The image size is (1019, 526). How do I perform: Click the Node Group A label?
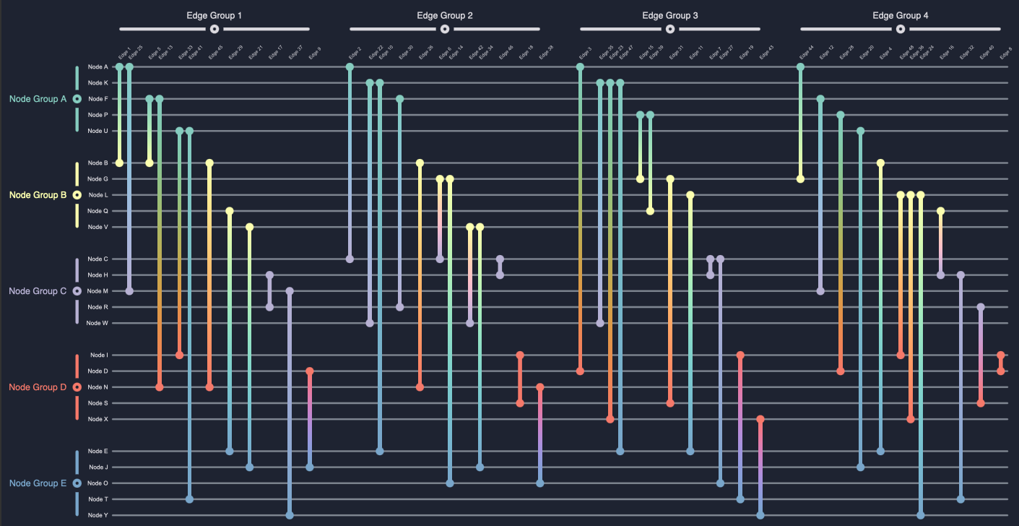coord(38,99)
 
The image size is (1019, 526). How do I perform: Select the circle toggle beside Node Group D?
coord(77,387)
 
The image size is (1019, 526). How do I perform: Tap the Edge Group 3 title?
coord(669,15)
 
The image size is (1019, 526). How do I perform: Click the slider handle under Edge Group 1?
coord(214,29)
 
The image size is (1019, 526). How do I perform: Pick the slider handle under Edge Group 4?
coord(900,29)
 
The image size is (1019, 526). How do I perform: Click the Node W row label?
coord(97,323)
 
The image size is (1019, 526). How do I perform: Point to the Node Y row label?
coord(97,515)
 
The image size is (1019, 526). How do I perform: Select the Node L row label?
coord(97,195)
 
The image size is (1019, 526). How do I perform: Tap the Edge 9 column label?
coord(315,53)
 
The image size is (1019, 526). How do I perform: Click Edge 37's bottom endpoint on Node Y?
coord(290,515)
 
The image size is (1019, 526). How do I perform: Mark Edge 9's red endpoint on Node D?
coord(310,371)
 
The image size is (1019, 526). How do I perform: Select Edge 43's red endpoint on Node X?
coord(760,419)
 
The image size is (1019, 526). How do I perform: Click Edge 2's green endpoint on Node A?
coord(350,67)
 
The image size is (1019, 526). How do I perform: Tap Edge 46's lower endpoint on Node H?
coord(500,275)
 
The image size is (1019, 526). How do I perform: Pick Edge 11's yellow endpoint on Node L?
coord(690,195)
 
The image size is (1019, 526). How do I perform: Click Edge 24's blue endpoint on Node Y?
coord(920,515)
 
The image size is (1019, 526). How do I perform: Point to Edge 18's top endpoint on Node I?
coord(520,355)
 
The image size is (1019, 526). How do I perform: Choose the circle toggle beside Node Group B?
coord(77,195)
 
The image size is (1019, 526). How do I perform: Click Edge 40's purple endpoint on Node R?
coord(980,307)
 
